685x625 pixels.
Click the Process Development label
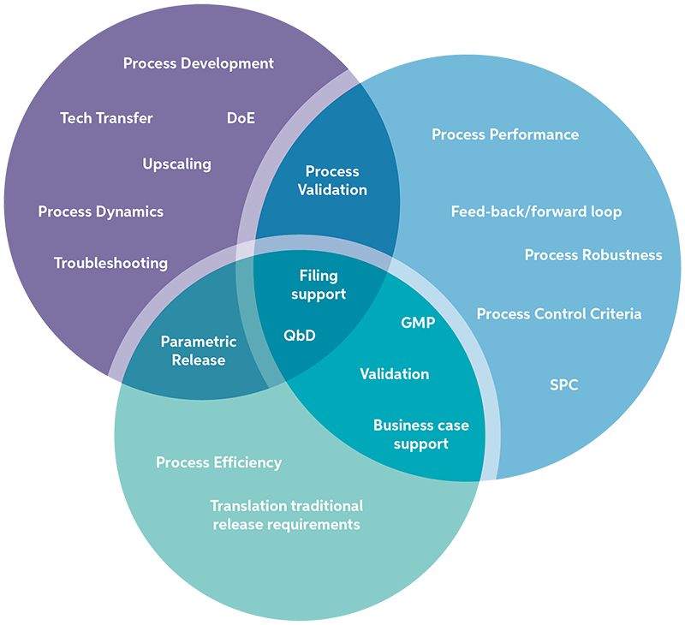(x=199, y=63)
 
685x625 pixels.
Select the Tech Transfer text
(x=106, y=118)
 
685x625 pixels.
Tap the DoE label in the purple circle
(x=241, y=118)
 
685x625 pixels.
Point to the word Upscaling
(x=176, y=164)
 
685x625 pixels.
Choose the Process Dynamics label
(x=100, y=211)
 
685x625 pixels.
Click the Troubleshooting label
(x=110, y=263)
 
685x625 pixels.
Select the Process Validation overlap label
(x=332, y=181)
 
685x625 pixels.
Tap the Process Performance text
(x=504, y=134)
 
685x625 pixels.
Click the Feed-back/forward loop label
(x=536, y=211)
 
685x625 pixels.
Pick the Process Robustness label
(x=593, y=255)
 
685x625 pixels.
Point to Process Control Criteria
(x=558, y=314)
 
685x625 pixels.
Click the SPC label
(x=563, y=385)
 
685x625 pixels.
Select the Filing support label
(x=319, y=285)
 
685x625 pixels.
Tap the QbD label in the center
(x=300, y=335)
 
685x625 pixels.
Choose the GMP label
(x=418, y=323)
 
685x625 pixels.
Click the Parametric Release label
(x=199, y=351)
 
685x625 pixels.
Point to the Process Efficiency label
(x=218, y=462)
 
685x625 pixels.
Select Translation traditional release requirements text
(x=286, y=515)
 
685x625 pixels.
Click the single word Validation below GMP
(x=394, y=374)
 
